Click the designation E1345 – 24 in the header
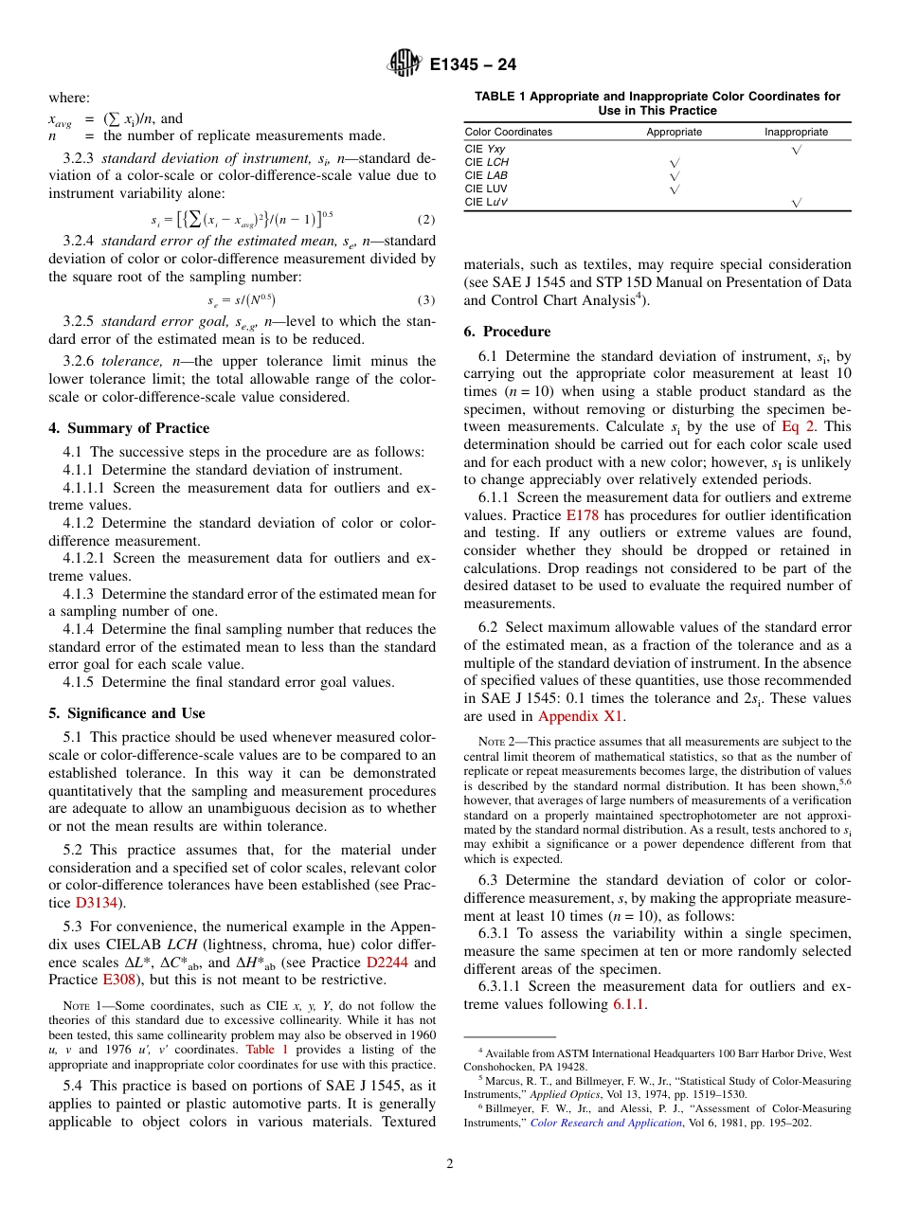click(473, 65)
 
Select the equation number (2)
click(425, 220)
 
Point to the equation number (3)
click(425, 300)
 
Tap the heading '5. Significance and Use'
click(126, 713)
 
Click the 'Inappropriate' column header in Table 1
click(796, 132)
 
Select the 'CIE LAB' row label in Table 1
click(486, 175)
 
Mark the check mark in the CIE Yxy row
click(796, 150)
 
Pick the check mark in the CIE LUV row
click(674, 189)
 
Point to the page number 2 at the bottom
click(450, 1164)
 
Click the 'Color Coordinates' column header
click(508, 132)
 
